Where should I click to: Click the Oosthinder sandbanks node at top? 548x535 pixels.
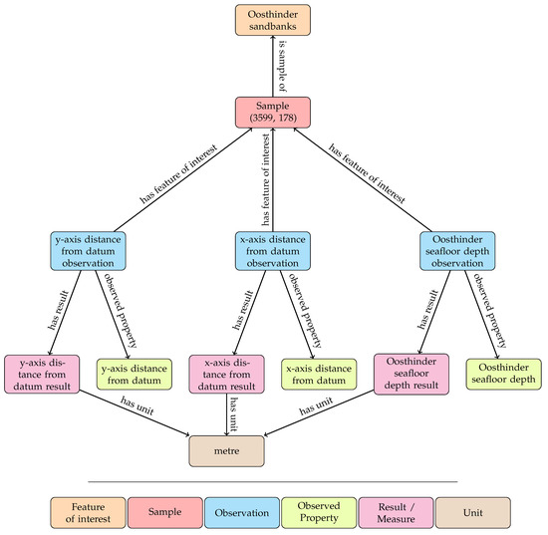[273, 22]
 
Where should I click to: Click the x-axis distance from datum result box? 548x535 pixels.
[225, 373]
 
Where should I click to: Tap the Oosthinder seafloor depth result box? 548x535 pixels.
[411, 373]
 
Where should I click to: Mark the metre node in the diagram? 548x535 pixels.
[225, 451]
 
